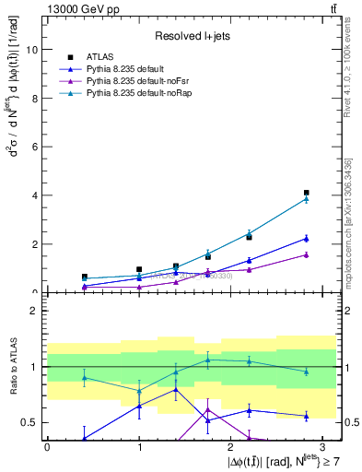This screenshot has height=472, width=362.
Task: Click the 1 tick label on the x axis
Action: pyautogui.click(x=139, y=445)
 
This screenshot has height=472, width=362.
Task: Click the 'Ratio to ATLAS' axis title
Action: pyautogui.click(x=12, y=366)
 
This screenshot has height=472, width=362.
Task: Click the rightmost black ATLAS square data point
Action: pyautogui.click(x=306, y=193)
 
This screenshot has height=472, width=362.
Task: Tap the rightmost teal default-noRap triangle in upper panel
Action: pyautogui.click(x=306, y=199)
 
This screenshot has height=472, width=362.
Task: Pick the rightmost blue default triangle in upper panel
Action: pyautogui.click(x=306, y=239)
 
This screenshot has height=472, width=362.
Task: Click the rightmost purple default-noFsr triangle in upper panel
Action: pyautogui.click(x=306, y=254)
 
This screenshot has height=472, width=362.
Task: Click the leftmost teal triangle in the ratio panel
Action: pyautogui.click(x=85, y=377)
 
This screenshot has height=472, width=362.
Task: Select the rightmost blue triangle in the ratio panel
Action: pyautogui.click(x=306, y=416)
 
